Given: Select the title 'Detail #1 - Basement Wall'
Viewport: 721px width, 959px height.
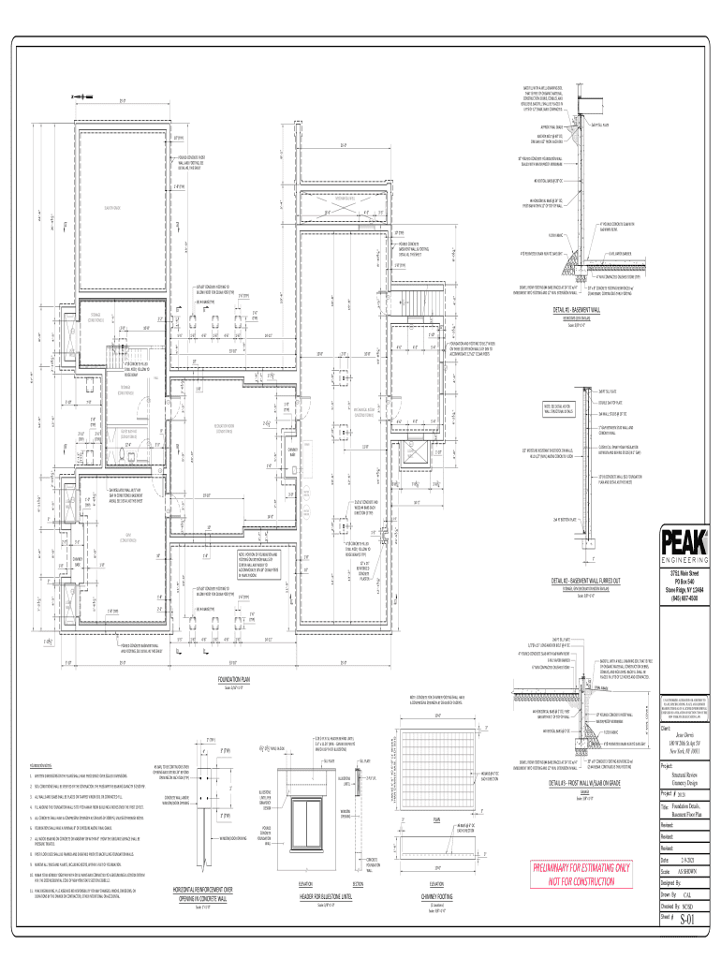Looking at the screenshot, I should [581, 309].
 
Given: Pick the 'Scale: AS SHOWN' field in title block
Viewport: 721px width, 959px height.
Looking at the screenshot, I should [686, 870].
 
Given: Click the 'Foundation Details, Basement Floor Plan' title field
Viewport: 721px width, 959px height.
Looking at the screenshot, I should [687, 808].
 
